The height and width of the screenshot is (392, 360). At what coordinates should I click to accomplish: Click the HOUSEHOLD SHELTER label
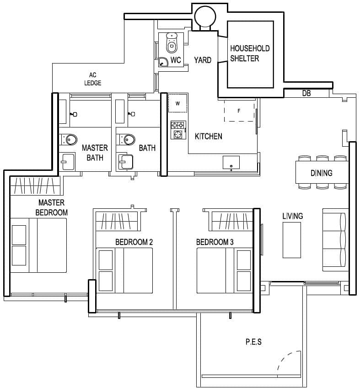coord(250,53)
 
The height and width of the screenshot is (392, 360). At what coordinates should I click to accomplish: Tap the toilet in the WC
coord(172,43)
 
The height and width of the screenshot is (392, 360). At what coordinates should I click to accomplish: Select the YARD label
coord(202,60)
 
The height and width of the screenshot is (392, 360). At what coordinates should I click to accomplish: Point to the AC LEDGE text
coord(92,79)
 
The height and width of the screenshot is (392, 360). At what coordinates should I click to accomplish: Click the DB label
coord(306,93)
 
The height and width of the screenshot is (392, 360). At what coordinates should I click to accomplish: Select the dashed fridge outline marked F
coord(239,111)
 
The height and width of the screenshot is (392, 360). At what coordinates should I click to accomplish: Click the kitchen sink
coord(231,163)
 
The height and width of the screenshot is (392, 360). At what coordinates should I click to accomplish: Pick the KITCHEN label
coord(209,136)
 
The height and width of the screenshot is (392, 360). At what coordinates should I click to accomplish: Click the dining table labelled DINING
coord(322,173)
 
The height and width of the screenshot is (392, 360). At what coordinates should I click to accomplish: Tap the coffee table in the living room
coord(291,240)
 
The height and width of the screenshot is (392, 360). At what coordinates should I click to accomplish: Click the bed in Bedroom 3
coord(225,270)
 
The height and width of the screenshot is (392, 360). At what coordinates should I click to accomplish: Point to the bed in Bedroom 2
coord(124,270)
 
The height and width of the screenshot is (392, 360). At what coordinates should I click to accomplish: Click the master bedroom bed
coord(38,245)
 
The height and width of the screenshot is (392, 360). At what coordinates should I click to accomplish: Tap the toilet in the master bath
coord(69,139)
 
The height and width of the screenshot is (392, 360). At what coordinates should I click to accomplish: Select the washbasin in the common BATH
coord(125,161)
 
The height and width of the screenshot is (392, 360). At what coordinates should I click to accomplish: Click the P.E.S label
coord(253,342)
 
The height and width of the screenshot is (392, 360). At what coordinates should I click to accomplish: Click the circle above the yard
coord(204,17)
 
